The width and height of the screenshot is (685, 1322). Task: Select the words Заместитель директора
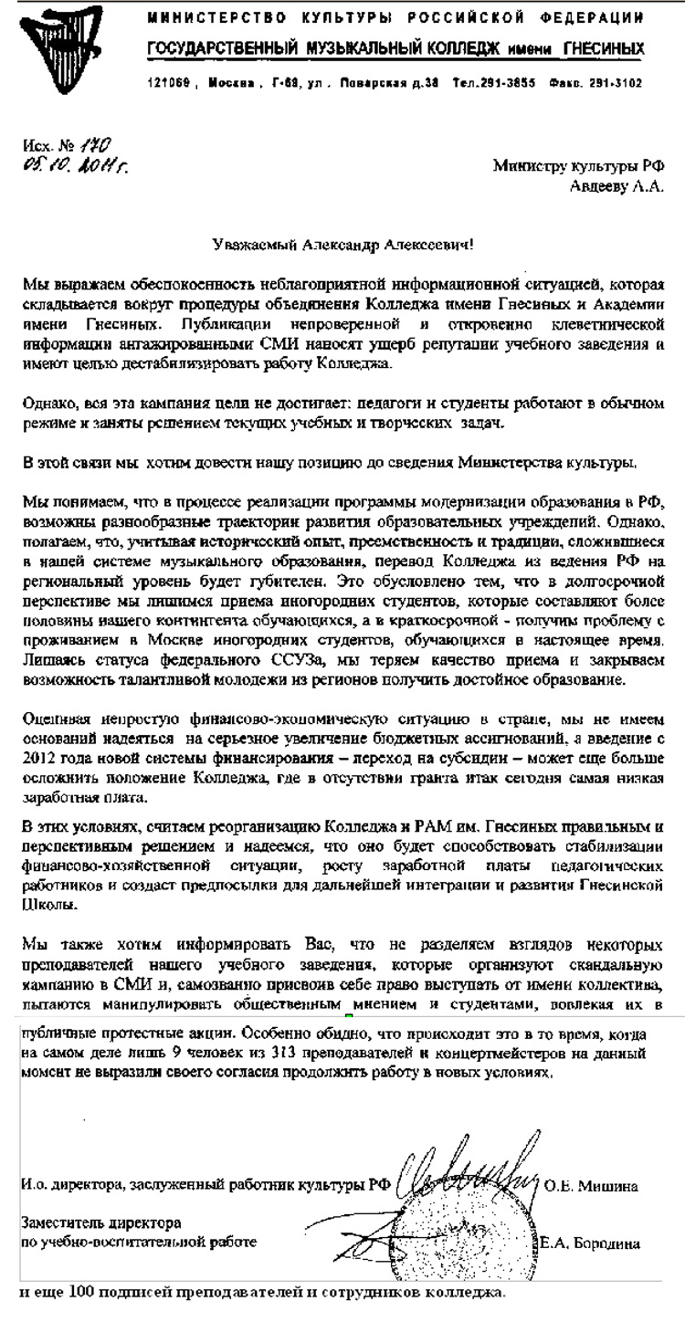point(100,1222)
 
